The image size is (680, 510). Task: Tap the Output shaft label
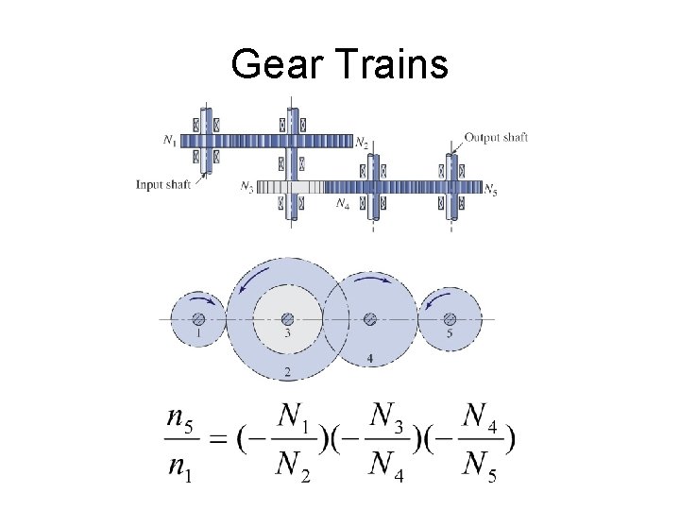click(x=495, y=137)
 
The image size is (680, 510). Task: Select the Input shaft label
click(x=163, y=184)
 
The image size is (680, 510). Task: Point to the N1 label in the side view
click(x=168, y=142)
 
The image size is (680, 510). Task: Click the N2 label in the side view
click(x=362, y=143)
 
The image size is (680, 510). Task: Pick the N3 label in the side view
click(x=246, y=187)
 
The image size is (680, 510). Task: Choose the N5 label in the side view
click(x=490, y=189)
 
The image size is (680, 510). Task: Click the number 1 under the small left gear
click(x=198, y=333)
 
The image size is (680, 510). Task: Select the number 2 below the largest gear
click(x=287, y=372)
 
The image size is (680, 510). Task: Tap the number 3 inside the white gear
click(x=287, y=333)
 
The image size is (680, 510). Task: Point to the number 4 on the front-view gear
click(x=369, y=358)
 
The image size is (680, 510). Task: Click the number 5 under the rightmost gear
click(x=450, y=333)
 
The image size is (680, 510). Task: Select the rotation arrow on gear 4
click(x=370, y=280)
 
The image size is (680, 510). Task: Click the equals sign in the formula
click(x=217, y=440)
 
